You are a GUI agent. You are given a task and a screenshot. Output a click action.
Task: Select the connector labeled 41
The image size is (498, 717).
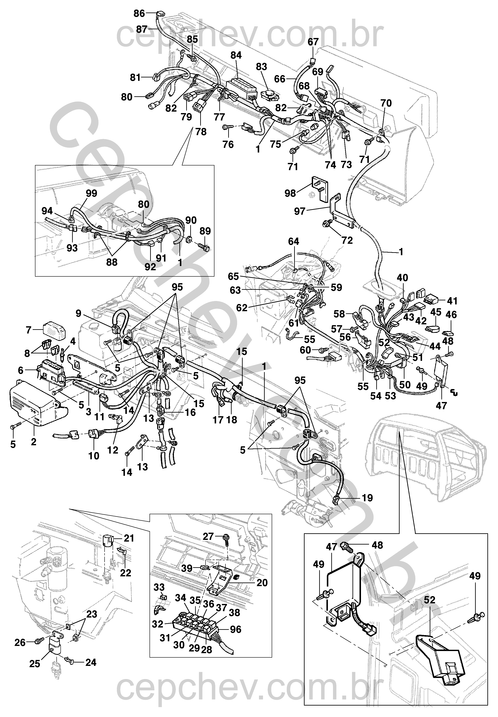[432, 300]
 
